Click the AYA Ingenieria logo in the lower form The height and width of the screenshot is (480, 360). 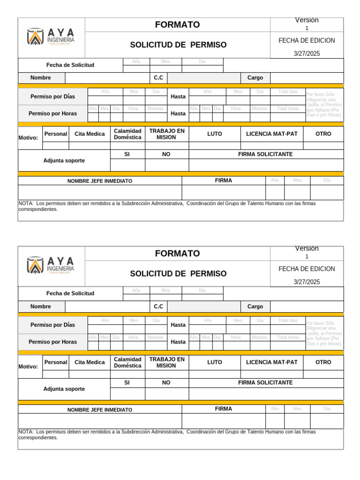click(x=51, y=265)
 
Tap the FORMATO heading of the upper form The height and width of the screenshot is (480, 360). click(x=177, y=25)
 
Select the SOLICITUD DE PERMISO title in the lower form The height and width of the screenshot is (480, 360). click(x=178, y=273)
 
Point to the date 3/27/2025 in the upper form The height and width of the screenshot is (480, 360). click(x=307, y=53)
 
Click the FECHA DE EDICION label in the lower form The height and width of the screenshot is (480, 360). click(x=307, y=269)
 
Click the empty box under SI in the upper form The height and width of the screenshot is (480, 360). click(x=127, y=165)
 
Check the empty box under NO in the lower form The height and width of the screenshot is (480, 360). click(x=166, y=394)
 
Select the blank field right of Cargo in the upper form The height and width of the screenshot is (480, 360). click(x=307, y=78)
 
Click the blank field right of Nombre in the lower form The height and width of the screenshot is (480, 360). click(x=107, y=307)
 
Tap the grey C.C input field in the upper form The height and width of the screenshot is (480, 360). click(x=203, y=78)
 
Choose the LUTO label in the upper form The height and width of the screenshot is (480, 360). click(x=215, y=134)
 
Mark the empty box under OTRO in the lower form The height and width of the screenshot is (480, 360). click(x=323, y=374)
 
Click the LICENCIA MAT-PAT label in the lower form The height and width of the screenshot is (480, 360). click(x=272, y=362)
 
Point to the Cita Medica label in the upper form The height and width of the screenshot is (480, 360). click(x=90, y=134)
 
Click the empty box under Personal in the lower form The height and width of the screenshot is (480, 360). click(x=56, y=374)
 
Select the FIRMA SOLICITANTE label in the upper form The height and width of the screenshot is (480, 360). click(x=265, y=154)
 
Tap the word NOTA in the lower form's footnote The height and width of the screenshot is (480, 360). click(x=25, y=432)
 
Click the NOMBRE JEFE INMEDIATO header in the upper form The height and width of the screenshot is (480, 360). click(x=99, y=181)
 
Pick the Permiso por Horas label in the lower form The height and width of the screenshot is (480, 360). click(x=53, y=342)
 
